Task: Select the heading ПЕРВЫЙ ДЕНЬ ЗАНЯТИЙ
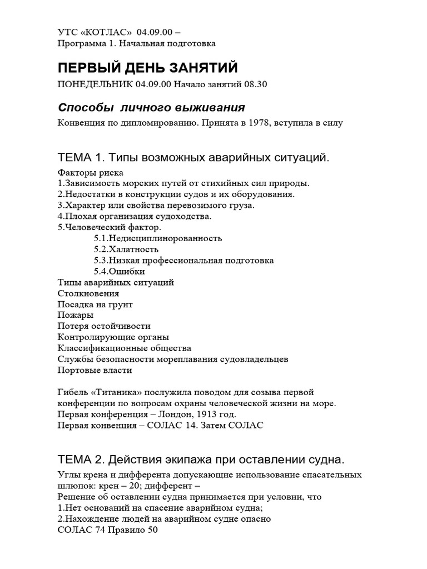[147, 68]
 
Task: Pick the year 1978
[254, 123]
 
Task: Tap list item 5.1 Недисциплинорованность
[158, 238]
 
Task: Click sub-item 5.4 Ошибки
[120, 271]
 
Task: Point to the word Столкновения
[88, 293]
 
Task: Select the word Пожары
[75, 315]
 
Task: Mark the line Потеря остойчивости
[104, 326]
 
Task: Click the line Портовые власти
[95, 370]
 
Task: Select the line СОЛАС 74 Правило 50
[108, 530]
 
